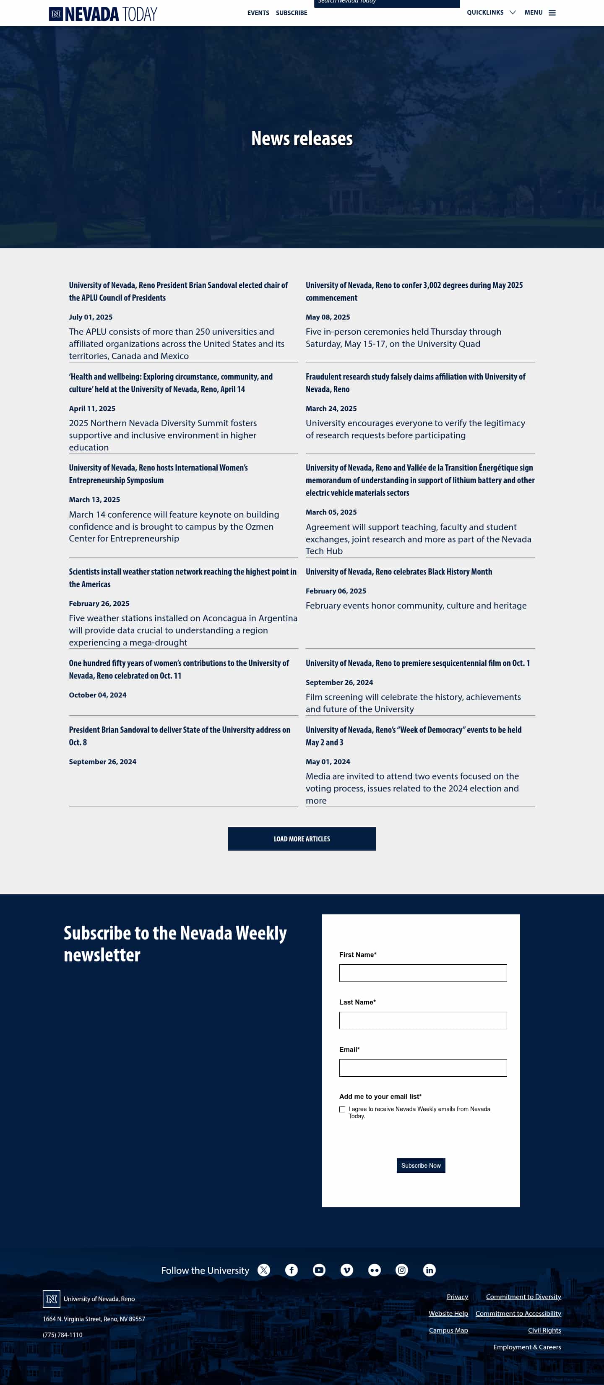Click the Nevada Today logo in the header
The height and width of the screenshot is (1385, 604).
(103, 13)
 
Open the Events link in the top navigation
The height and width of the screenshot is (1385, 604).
(258, 13)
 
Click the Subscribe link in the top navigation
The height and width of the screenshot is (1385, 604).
(292, 13)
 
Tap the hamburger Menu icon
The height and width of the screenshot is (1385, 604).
(552, 13)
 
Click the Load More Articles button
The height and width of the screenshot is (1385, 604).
(302, 839)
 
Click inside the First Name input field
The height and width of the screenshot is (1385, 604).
(423, 973)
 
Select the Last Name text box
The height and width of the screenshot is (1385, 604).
(423, 1021)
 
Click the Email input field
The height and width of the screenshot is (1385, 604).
(423, 1068)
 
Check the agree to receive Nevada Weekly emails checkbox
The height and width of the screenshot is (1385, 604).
(342, 1109)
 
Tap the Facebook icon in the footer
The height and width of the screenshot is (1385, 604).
(292, 1270)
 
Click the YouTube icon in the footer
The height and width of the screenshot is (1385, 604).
(319, 1270)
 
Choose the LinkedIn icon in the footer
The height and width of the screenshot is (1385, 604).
(429, 1270)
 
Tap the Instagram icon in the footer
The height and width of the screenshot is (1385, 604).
(402, 1270)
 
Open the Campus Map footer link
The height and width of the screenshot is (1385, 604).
(448, 1330)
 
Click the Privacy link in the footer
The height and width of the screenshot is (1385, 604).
(457, 1297)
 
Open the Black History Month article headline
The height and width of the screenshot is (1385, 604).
(398, 572)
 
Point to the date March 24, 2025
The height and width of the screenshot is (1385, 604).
(331, 409)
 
